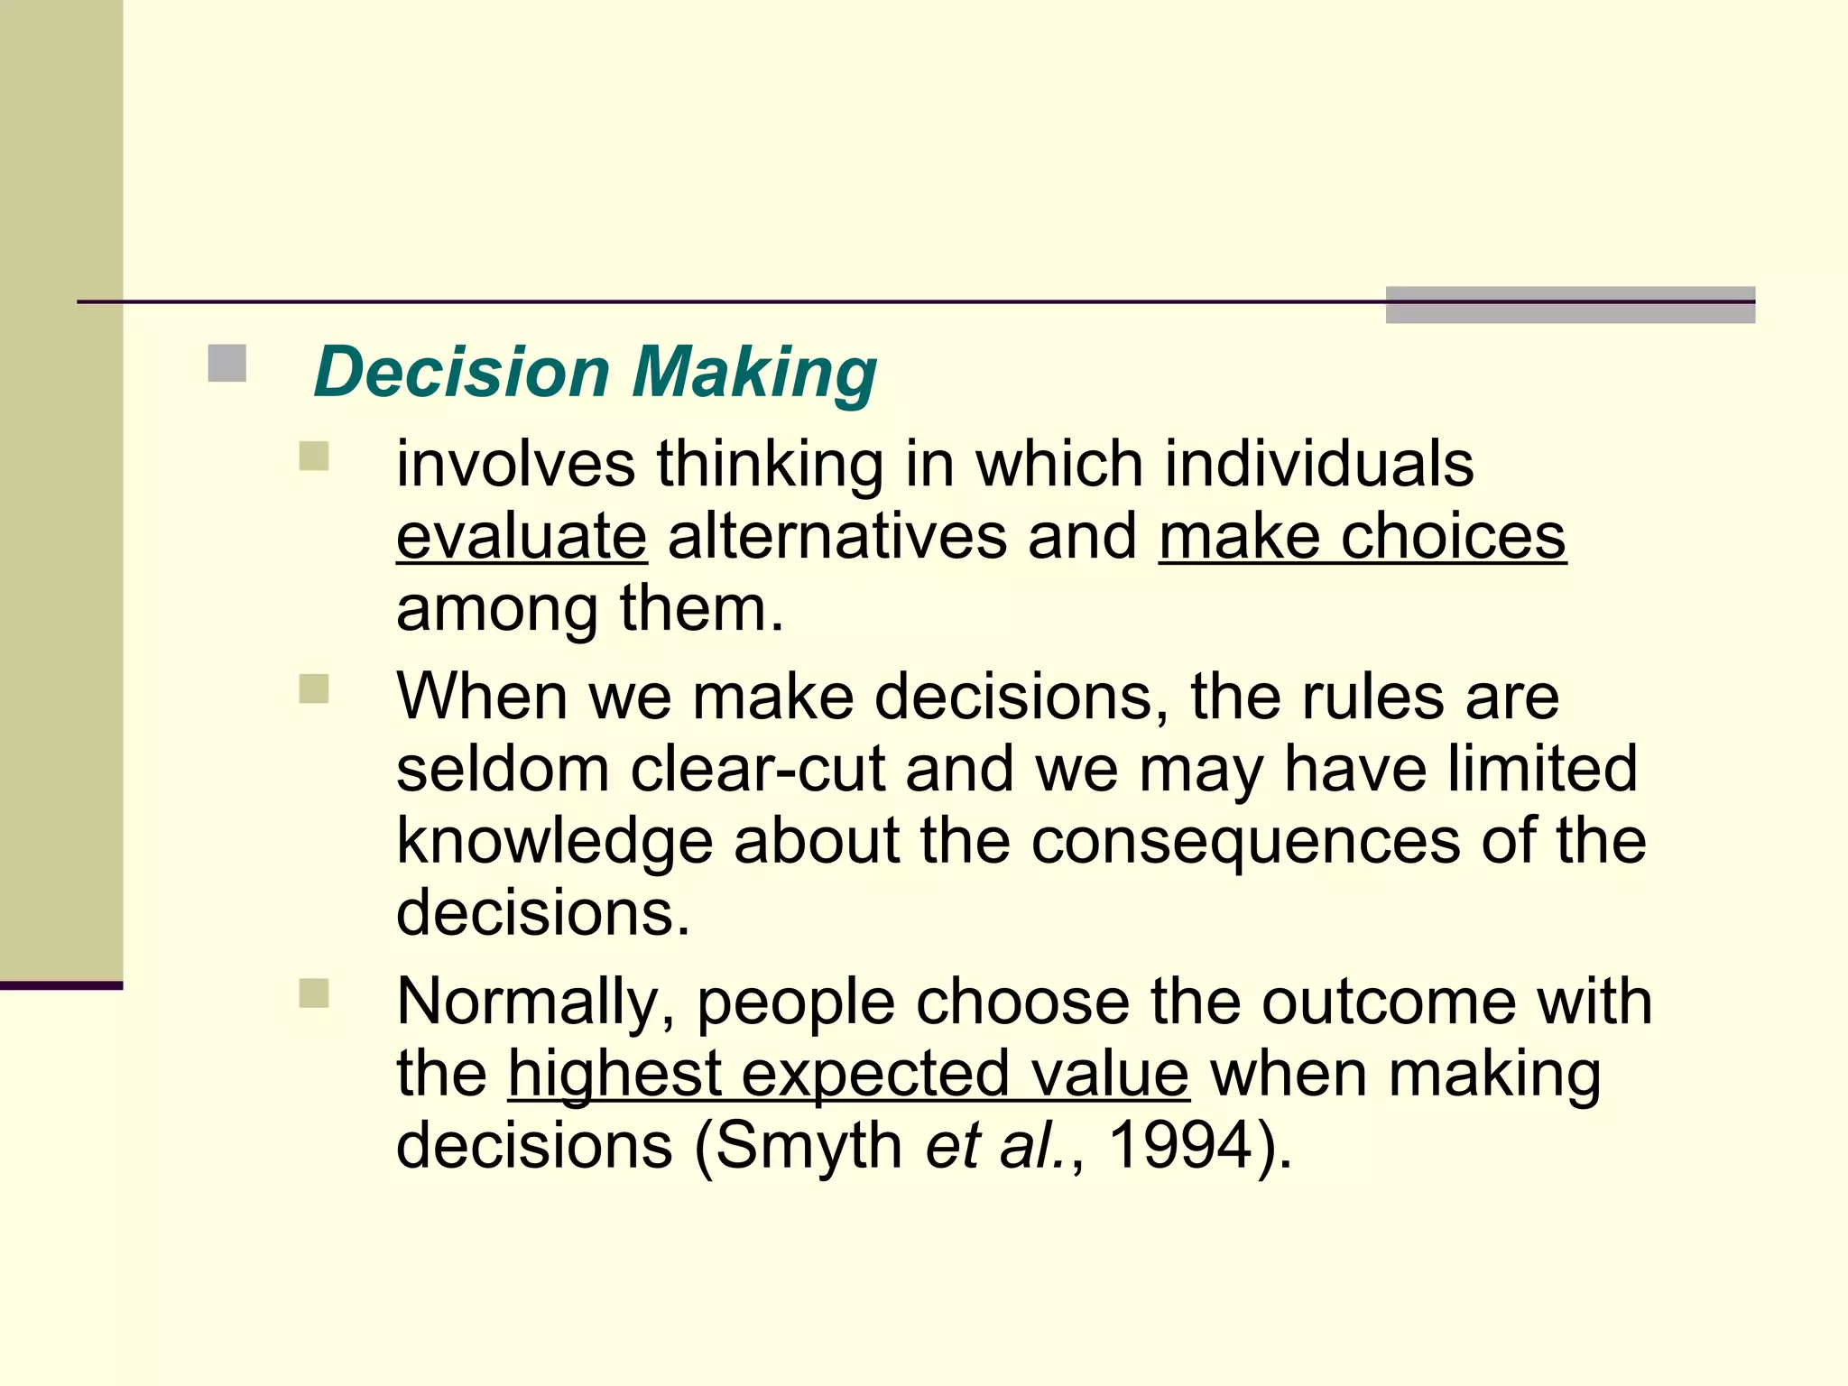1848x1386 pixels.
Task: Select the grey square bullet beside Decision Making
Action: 226,364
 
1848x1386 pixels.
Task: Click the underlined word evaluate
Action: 522,536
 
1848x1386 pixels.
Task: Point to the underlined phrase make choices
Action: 1363,536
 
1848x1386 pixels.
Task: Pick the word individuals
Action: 1318,464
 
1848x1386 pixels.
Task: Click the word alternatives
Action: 837,536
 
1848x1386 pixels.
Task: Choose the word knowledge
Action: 554,841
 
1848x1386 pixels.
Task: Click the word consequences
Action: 1245,841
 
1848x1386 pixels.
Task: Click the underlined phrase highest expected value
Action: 848,1074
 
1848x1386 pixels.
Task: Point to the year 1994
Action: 1180,1146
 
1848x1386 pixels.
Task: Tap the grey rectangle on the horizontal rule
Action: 1570,304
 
